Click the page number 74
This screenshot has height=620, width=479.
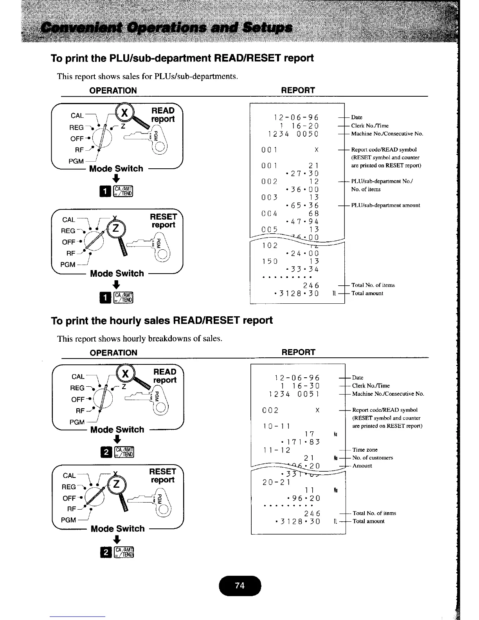click(x=239, y=586)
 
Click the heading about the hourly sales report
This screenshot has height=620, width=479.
click(x=162, y=321)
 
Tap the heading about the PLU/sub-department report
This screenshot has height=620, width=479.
click(x=182, y=58)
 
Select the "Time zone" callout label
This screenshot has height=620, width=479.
click(x=365, y=450)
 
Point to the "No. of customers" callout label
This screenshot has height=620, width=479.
click(x=373, y=458)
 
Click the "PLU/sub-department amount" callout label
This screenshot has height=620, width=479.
click(x=385, y=205)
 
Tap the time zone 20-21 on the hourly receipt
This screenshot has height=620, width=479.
click(x=276, y=482)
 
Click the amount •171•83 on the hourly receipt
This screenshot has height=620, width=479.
click(x=300, y=442)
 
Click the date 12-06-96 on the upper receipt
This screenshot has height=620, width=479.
click(x=296, y=117)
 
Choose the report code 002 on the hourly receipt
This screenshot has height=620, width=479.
click(x=270, y=410)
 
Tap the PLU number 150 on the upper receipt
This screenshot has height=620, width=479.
click(x=270, y=261)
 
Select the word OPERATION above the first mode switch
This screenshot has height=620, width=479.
click(x=113, y=90)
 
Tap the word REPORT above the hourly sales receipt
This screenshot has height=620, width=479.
click(x=298, y=352)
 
